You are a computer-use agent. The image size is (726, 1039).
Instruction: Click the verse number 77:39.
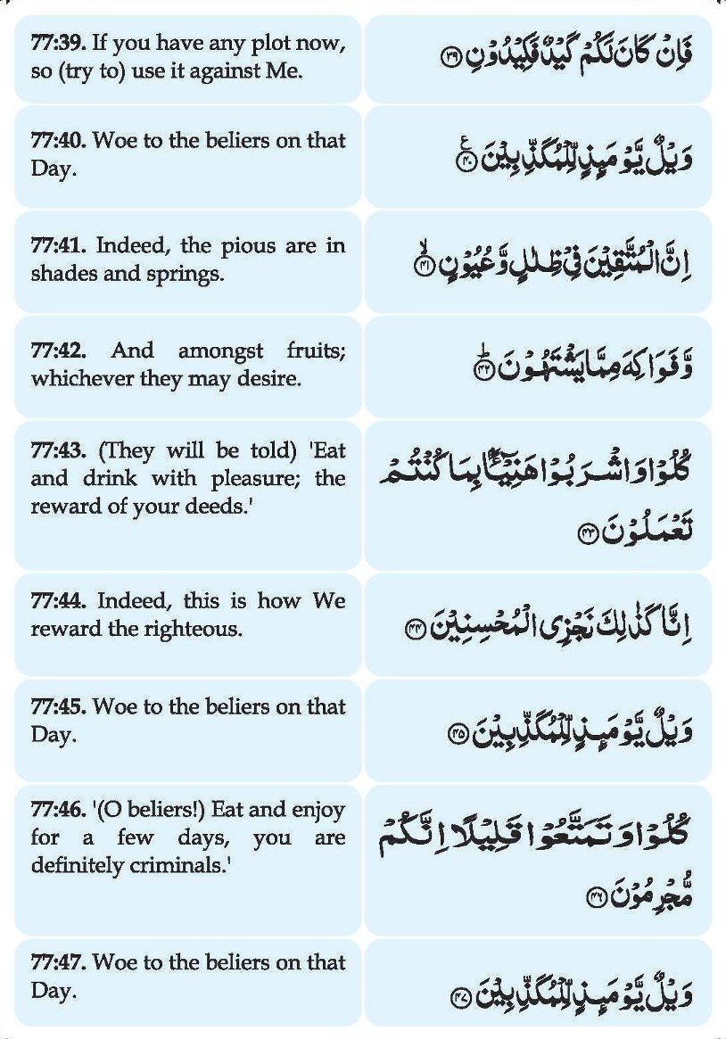[58, 44]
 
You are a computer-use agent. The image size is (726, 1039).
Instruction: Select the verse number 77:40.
[58, 141]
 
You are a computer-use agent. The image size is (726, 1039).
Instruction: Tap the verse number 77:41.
[58, 246]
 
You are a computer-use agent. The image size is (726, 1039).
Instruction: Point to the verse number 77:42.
[58, 351]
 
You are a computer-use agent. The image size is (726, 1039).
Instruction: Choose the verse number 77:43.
[58, 450]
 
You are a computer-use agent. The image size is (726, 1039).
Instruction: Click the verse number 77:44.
[58, 601]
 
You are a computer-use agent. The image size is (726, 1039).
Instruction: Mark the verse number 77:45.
[58, 707]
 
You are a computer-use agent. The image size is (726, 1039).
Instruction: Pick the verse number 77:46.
[58, 812]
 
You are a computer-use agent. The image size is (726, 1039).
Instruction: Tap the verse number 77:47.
[58, 963]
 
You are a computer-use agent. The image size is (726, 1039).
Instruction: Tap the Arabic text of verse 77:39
[565, 55]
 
